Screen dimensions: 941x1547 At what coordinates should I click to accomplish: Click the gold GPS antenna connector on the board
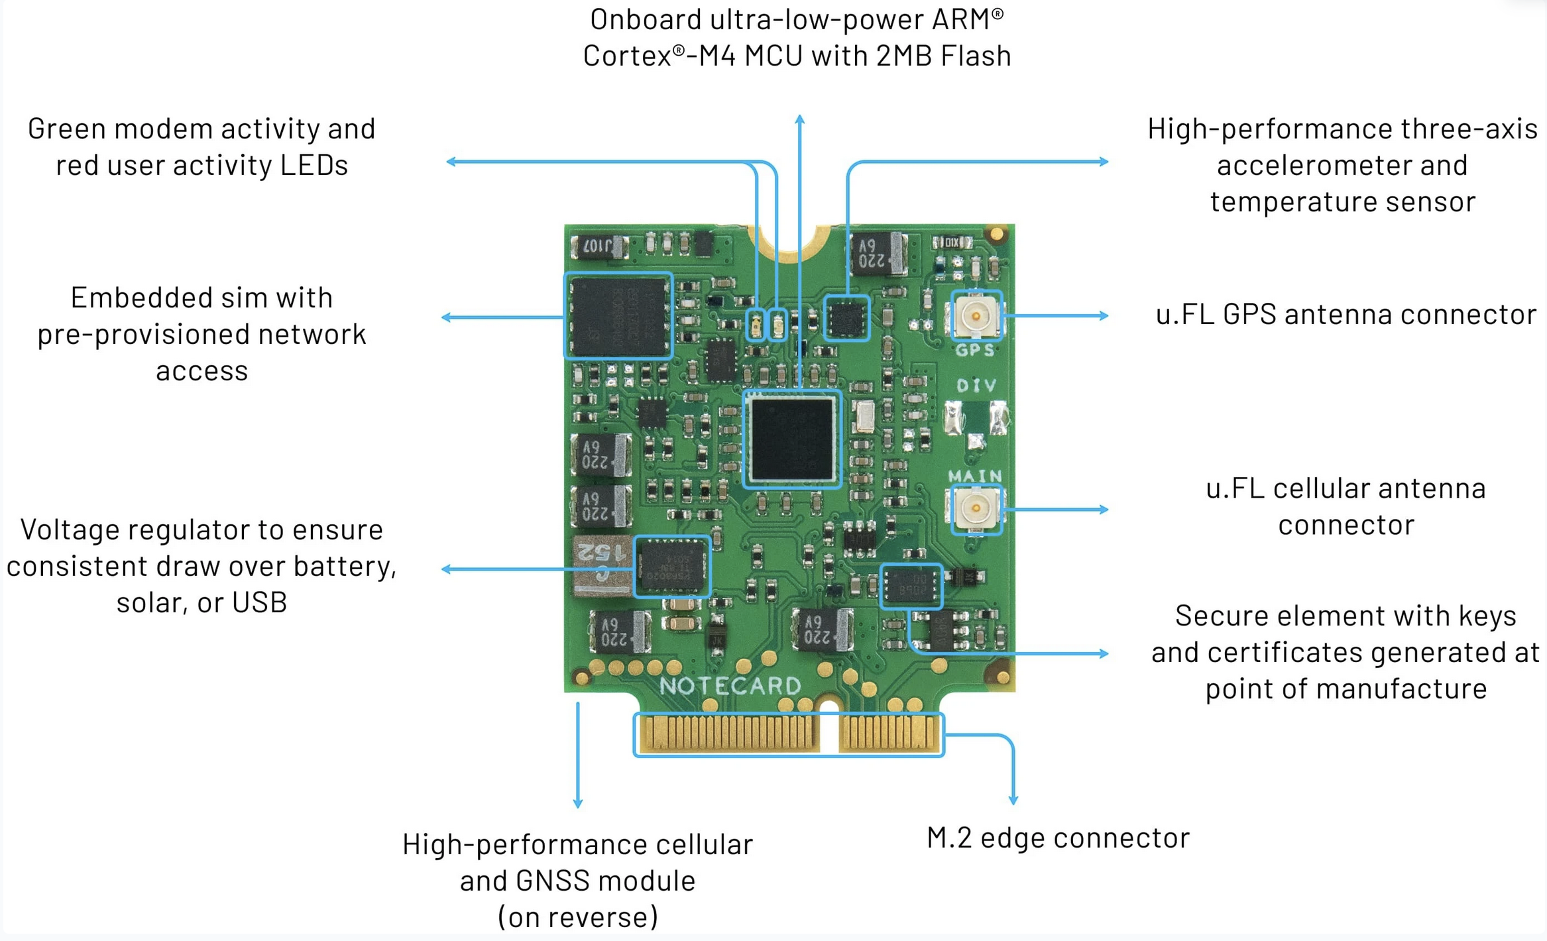point(976,315)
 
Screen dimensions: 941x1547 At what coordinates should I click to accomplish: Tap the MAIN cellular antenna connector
point(976,509)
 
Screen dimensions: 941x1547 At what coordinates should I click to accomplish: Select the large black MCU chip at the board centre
point(792,439)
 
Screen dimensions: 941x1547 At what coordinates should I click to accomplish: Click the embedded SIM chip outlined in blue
point(618,315)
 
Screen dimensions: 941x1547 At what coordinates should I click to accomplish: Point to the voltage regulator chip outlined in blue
point(672,567)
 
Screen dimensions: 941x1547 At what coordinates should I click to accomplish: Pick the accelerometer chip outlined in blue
point(846,318)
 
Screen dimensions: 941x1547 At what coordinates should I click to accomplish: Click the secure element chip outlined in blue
point(911,586)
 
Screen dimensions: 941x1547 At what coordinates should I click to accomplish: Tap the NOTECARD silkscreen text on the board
point(730,686)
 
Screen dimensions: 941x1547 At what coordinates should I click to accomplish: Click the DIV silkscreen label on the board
point(976,386)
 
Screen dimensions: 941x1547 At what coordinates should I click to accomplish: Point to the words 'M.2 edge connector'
point(1058,838)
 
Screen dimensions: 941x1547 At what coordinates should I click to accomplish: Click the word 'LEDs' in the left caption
point(314,165)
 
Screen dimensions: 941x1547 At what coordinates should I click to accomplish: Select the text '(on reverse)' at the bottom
point(577,917)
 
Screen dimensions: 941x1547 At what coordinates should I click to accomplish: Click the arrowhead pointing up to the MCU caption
point(800,119)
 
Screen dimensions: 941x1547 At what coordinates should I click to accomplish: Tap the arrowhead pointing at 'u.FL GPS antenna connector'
point(1104,315)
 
